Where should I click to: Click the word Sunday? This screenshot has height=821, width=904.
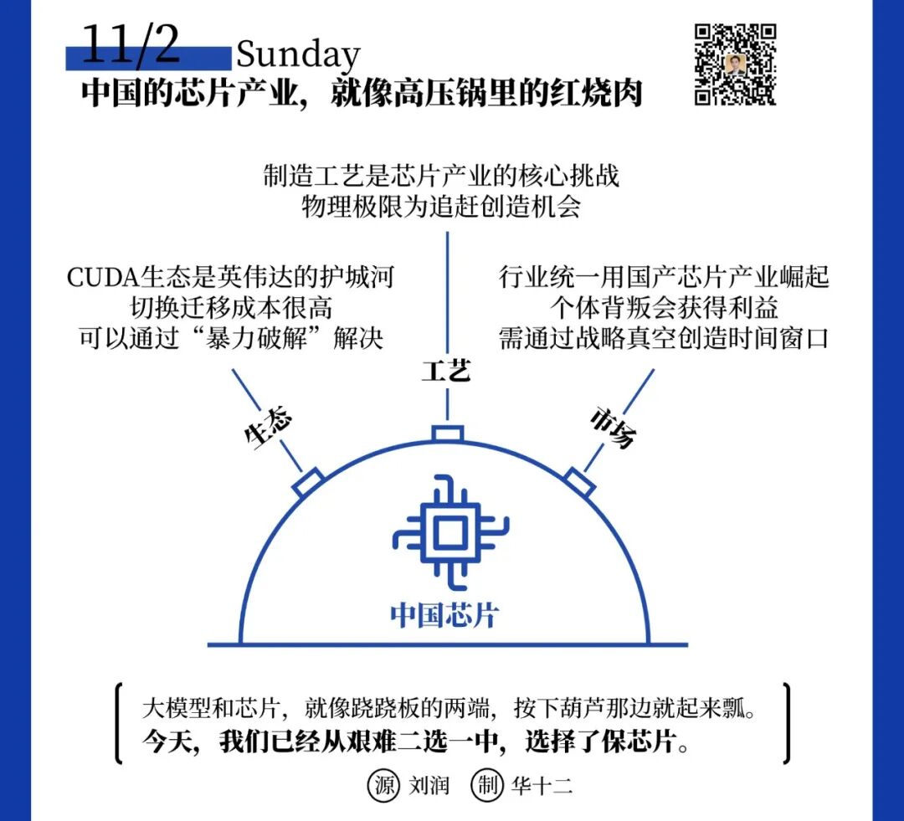pos(298,55)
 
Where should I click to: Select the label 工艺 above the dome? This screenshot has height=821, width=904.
pos(445,370)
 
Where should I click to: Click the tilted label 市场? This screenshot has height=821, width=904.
pos(613,428)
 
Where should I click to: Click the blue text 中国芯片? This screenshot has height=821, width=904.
pos(444,615)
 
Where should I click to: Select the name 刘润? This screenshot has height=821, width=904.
pos(429,787)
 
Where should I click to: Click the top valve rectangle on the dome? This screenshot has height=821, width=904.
pos(447,434)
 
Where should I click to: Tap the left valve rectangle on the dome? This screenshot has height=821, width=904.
pos(309,483)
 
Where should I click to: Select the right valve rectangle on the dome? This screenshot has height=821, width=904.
pos(579,482)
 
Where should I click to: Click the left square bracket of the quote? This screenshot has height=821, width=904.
pos(120,724)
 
